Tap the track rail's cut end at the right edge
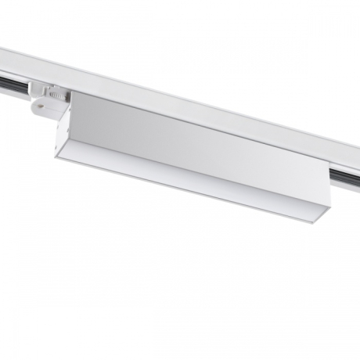point(357,157)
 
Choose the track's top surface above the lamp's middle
point(196,101)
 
